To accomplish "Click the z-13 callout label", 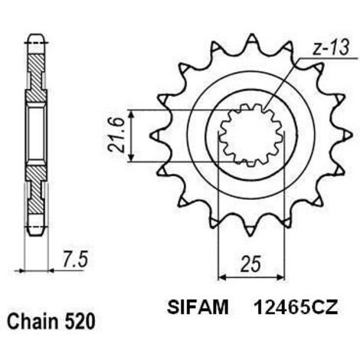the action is pyautogui.click(x=330, y=48).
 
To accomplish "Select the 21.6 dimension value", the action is pyautogui.click(x=116, y=136).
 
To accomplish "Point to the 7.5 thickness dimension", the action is pyautogui.click(x=75, y=259).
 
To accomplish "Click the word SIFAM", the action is pyautogui.click(x=198, y=307).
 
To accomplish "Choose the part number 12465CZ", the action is pyautogui.click(x=296, y=307).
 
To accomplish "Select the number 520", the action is pyautogui.click(x=80, y=322).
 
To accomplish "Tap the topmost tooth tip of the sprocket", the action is pyautogui.click(x=252, y=35).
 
